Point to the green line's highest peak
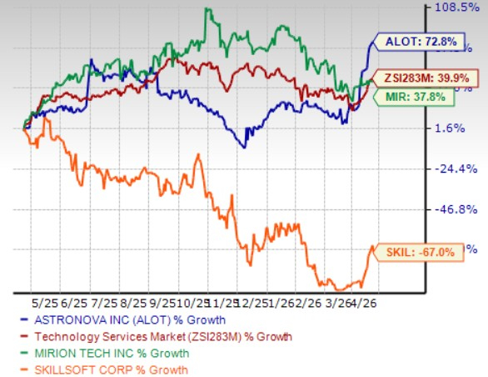[x=207, y=8]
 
